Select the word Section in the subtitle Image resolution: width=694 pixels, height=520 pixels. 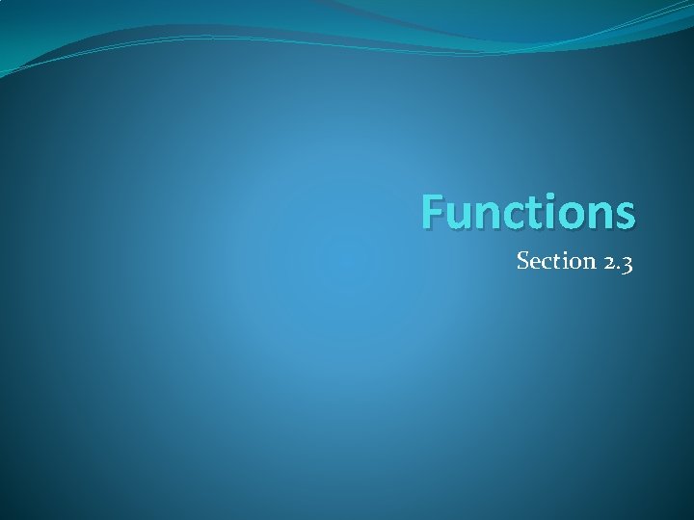[x=550, y=261]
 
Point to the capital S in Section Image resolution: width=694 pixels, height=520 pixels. [x=523, y=261]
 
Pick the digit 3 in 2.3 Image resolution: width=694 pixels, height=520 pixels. [x=626, y=264]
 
